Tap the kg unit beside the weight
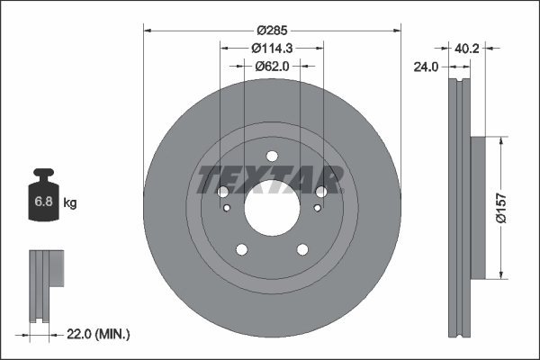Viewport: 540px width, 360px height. (x=70, y=203)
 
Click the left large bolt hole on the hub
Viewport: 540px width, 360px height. (x=223, y=192)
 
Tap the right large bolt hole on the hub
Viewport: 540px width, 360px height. (x=320, y=192)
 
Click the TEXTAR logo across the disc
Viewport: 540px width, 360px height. (x=270, y=178)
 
